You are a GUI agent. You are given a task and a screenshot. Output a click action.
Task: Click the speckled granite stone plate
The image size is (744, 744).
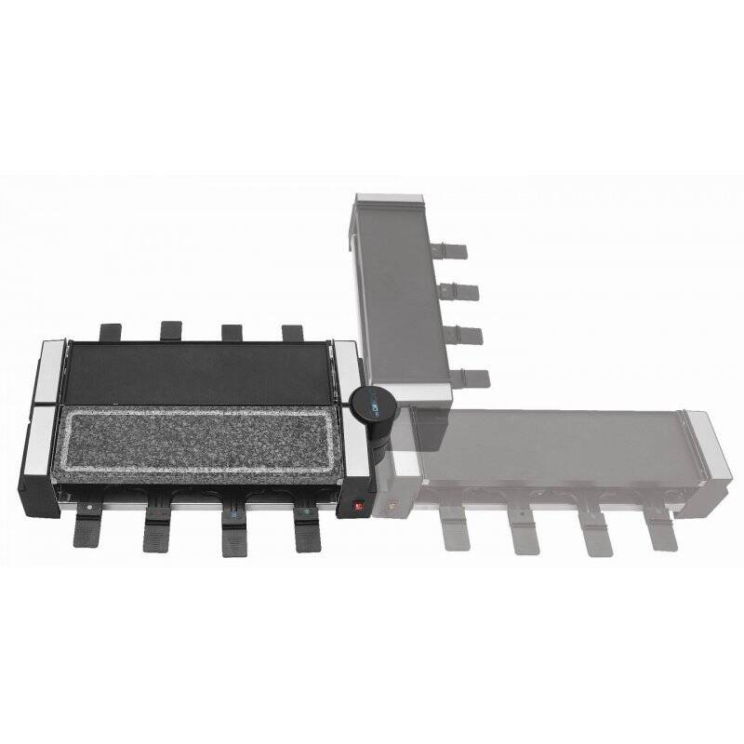click(x=201, y=440)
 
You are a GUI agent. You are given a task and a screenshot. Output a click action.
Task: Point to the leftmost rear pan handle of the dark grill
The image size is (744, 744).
click(x=109, y=331)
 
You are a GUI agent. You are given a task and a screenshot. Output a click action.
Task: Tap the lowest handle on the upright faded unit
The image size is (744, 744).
click(x=473, y=377)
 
